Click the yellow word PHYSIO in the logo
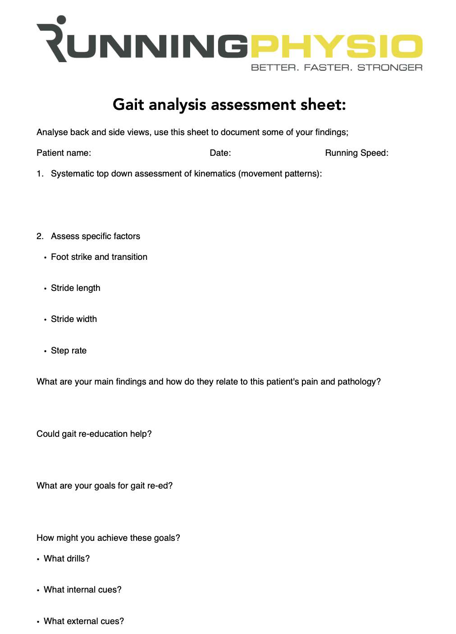click(337, 46)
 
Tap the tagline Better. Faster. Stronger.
click(337, 68)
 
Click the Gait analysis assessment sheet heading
click(229, 104)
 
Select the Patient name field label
click(64, 153)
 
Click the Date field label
click(220, 153)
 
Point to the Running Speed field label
click(356, 153)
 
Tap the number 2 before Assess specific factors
click(40, 236)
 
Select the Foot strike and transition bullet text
click(99, 257)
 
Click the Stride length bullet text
click(76, 288)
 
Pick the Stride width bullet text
click(74, 319)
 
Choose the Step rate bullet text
click(68, 351)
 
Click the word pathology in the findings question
click(358, 382)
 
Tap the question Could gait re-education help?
click(94, 434)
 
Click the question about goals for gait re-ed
click(105, 486)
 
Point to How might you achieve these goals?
click(108, 538)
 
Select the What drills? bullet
click(67, 559)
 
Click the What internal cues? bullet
click(82, 590)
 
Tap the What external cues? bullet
click(84, 621)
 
